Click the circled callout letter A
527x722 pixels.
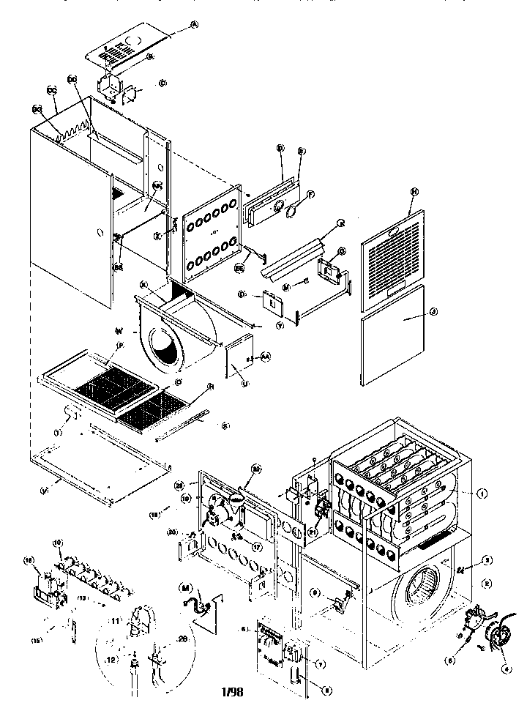195,24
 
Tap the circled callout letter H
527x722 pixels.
414,191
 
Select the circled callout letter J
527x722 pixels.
434,312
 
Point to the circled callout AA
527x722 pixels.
266,356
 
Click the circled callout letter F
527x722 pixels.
311,195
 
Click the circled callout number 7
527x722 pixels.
319,663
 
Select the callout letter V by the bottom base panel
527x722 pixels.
47,489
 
